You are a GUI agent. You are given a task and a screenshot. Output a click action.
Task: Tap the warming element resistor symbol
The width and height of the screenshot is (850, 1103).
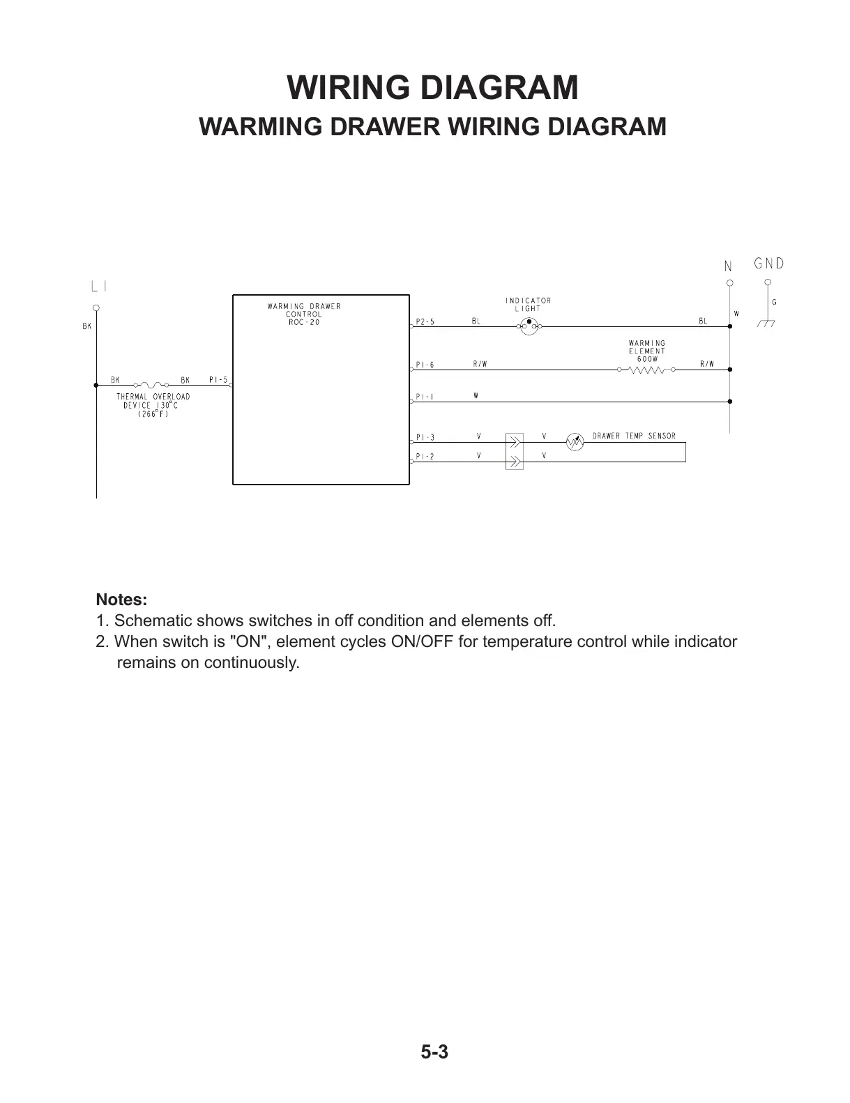click(x=646, y=370)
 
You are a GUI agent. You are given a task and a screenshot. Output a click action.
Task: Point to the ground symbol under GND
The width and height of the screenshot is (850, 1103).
click(x=768, y=324)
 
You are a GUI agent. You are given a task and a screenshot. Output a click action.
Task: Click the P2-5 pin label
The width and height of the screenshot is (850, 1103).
click(x=425, y=322)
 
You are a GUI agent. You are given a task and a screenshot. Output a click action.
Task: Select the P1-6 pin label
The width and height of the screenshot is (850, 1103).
click(x=425, y=365)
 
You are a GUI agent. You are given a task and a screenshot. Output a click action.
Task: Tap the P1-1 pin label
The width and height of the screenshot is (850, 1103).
click(x=425, y=397)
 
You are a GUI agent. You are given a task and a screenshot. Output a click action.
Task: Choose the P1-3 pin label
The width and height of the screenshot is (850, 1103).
click(x=425, y=438)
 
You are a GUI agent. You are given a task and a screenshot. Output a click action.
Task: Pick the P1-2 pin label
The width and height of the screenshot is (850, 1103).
click(x=425, y=457)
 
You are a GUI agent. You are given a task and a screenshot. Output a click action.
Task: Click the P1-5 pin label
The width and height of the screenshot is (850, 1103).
click(x=218, y=380)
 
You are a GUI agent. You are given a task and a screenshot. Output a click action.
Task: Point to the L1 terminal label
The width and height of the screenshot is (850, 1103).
click(x=99, y=286)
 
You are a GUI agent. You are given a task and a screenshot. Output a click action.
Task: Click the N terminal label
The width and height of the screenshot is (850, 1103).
click(x=728, y=266)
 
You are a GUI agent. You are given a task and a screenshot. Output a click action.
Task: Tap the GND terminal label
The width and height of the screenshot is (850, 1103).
click(x=768, y=264)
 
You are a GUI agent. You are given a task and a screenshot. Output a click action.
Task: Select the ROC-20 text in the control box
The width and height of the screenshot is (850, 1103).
click(x=304, y=322)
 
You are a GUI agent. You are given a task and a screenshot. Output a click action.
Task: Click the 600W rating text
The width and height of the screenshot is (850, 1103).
click(x=647, y=359)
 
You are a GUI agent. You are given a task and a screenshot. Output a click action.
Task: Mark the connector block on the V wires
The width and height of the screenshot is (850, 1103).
click(x=514, y=450)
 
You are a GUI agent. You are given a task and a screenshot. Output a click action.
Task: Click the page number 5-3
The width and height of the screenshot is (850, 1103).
click(x=434, y=1052)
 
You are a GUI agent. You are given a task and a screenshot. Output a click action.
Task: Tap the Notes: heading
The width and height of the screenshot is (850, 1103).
click(x=121, y=600)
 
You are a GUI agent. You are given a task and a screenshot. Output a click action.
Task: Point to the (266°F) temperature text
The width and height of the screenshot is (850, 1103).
click(x=153, y=413)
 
